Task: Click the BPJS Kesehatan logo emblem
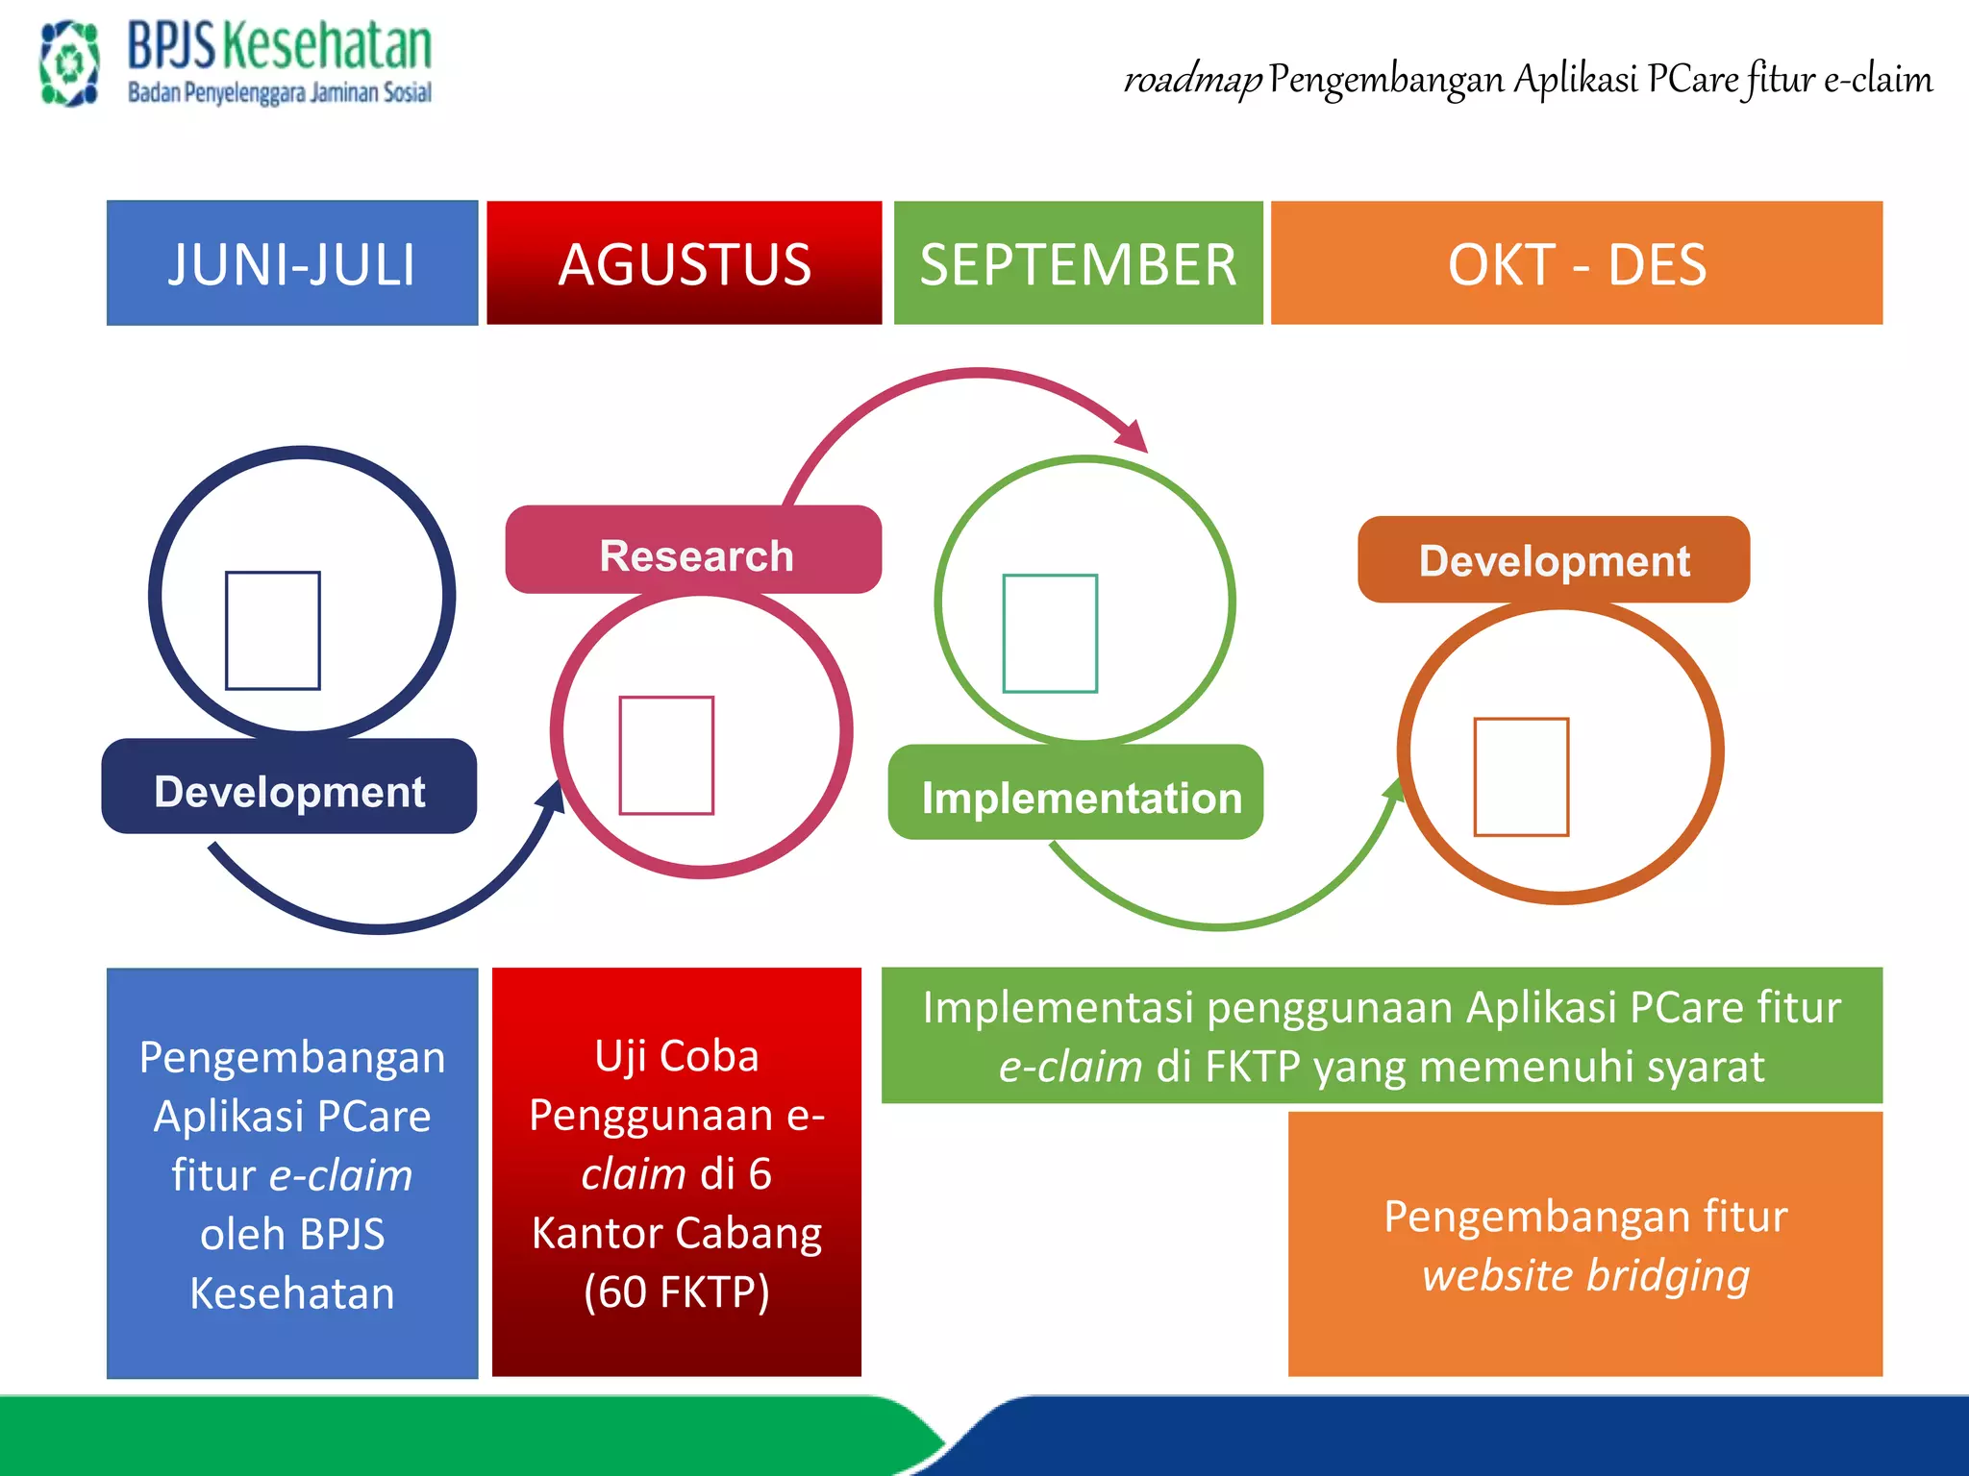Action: pos(69,63)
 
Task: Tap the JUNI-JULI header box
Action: pos(292,263)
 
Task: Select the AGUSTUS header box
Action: pos(684,263)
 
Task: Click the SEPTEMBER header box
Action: pos(1078,263)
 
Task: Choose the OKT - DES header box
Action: pos(1577,263)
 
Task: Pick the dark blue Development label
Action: pos(289,788)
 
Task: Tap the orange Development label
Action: pos(1554,560)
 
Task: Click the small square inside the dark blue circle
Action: pos(273,630)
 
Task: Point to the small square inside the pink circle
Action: pos(666,755)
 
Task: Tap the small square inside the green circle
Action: pos(1050,633)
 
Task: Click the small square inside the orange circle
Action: pos(1521,776)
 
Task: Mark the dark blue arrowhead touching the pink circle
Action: pos(553,797)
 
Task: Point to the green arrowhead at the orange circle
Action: pos(1393,790)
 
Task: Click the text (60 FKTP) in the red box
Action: pos(677,1292)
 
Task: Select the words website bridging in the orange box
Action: pos(1585,1276)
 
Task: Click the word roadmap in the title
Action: pos(1192,80)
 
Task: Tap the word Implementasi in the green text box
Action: pos(1058,1008)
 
